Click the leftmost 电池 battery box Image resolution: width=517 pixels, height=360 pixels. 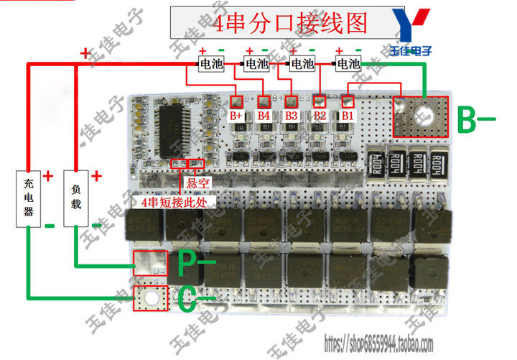pos(212,64)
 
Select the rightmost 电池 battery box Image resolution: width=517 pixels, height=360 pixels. pos(349,64)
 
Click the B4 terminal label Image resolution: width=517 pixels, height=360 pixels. pos(264,115)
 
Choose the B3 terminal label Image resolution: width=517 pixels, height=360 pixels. pos(291,115)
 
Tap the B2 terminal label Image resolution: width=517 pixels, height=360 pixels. pos(320,115)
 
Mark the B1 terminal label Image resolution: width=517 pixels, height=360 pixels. pos(347,115)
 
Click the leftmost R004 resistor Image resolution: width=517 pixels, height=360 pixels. pos(376,162)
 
